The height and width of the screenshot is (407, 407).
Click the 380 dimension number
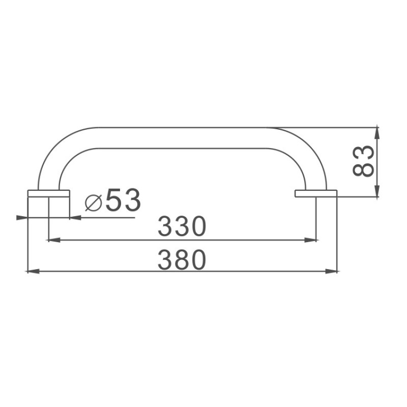[x=182, y=259]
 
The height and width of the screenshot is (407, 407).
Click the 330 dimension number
[x=182, y=226]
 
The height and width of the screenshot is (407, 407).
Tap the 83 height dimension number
[x=363, y=161]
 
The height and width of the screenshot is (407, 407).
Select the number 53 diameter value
[x=123, y=199]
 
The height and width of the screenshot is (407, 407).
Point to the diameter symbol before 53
[x=93, y=202]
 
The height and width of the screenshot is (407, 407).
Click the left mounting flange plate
[x=48, y=193]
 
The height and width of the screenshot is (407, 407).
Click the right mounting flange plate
[x=316, y=193]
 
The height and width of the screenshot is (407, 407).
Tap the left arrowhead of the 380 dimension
[x=33, y=271]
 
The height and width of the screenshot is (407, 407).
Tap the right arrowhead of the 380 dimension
[x=332, y=271]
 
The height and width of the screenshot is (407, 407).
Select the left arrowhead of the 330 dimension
[x=54, y=240]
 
